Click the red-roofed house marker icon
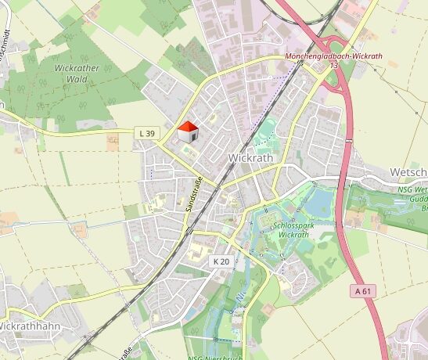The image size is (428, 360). click(x=187, y=132)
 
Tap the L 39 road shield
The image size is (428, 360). click(x=146, y=133)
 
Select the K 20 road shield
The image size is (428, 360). click(x=222, y=261)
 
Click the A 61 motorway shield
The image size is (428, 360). click(x=361, y=290)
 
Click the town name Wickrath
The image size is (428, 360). click(x=251, y=157)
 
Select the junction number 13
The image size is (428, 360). click(x=334, y=66)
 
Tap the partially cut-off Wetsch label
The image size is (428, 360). click(x=408, y=171)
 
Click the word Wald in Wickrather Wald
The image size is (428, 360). click(x=76, y=78)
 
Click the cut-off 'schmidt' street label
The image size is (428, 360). click(x=4, y=39)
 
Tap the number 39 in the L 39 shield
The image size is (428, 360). click(x=149, y=133)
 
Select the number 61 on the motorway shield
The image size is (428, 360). click(x=365, y=290)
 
